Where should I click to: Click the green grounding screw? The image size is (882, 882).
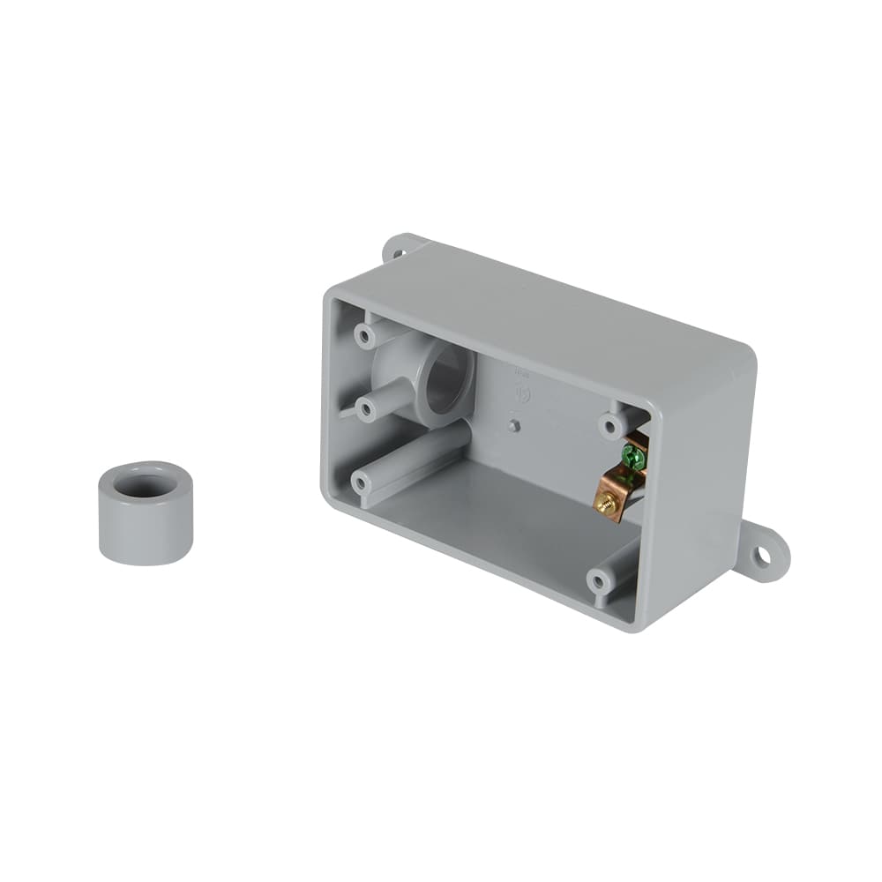[631, 457]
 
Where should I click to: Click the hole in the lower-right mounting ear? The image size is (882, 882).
[761, 556]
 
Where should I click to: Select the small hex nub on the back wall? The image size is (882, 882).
[514, 427]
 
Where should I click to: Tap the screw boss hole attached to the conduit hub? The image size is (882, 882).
[363, 405]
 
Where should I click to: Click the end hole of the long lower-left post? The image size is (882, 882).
[361, 482]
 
